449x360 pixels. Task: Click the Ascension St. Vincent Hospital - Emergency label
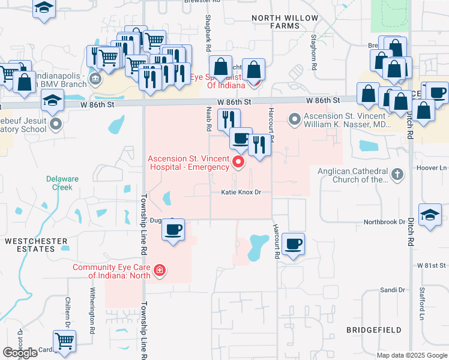(x=189, y=163)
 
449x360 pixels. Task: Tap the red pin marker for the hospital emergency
(x=238, y=162)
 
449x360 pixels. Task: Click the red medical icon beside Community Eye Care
(x=159, y=271)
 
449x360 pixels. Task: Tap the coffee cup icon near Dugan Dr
(x=173, y=230)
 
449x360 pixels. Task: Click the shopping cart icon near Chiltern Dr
(x=64, y=341)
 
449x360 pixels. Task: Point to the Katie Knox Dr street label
(x=241, y=193)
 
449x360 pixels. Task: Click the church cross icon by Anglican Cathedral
(x=396, y=174)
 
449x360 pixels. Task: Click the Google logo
(x=20, y=353)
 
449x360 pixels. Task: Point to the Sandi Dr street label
(x=393, y=290)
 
